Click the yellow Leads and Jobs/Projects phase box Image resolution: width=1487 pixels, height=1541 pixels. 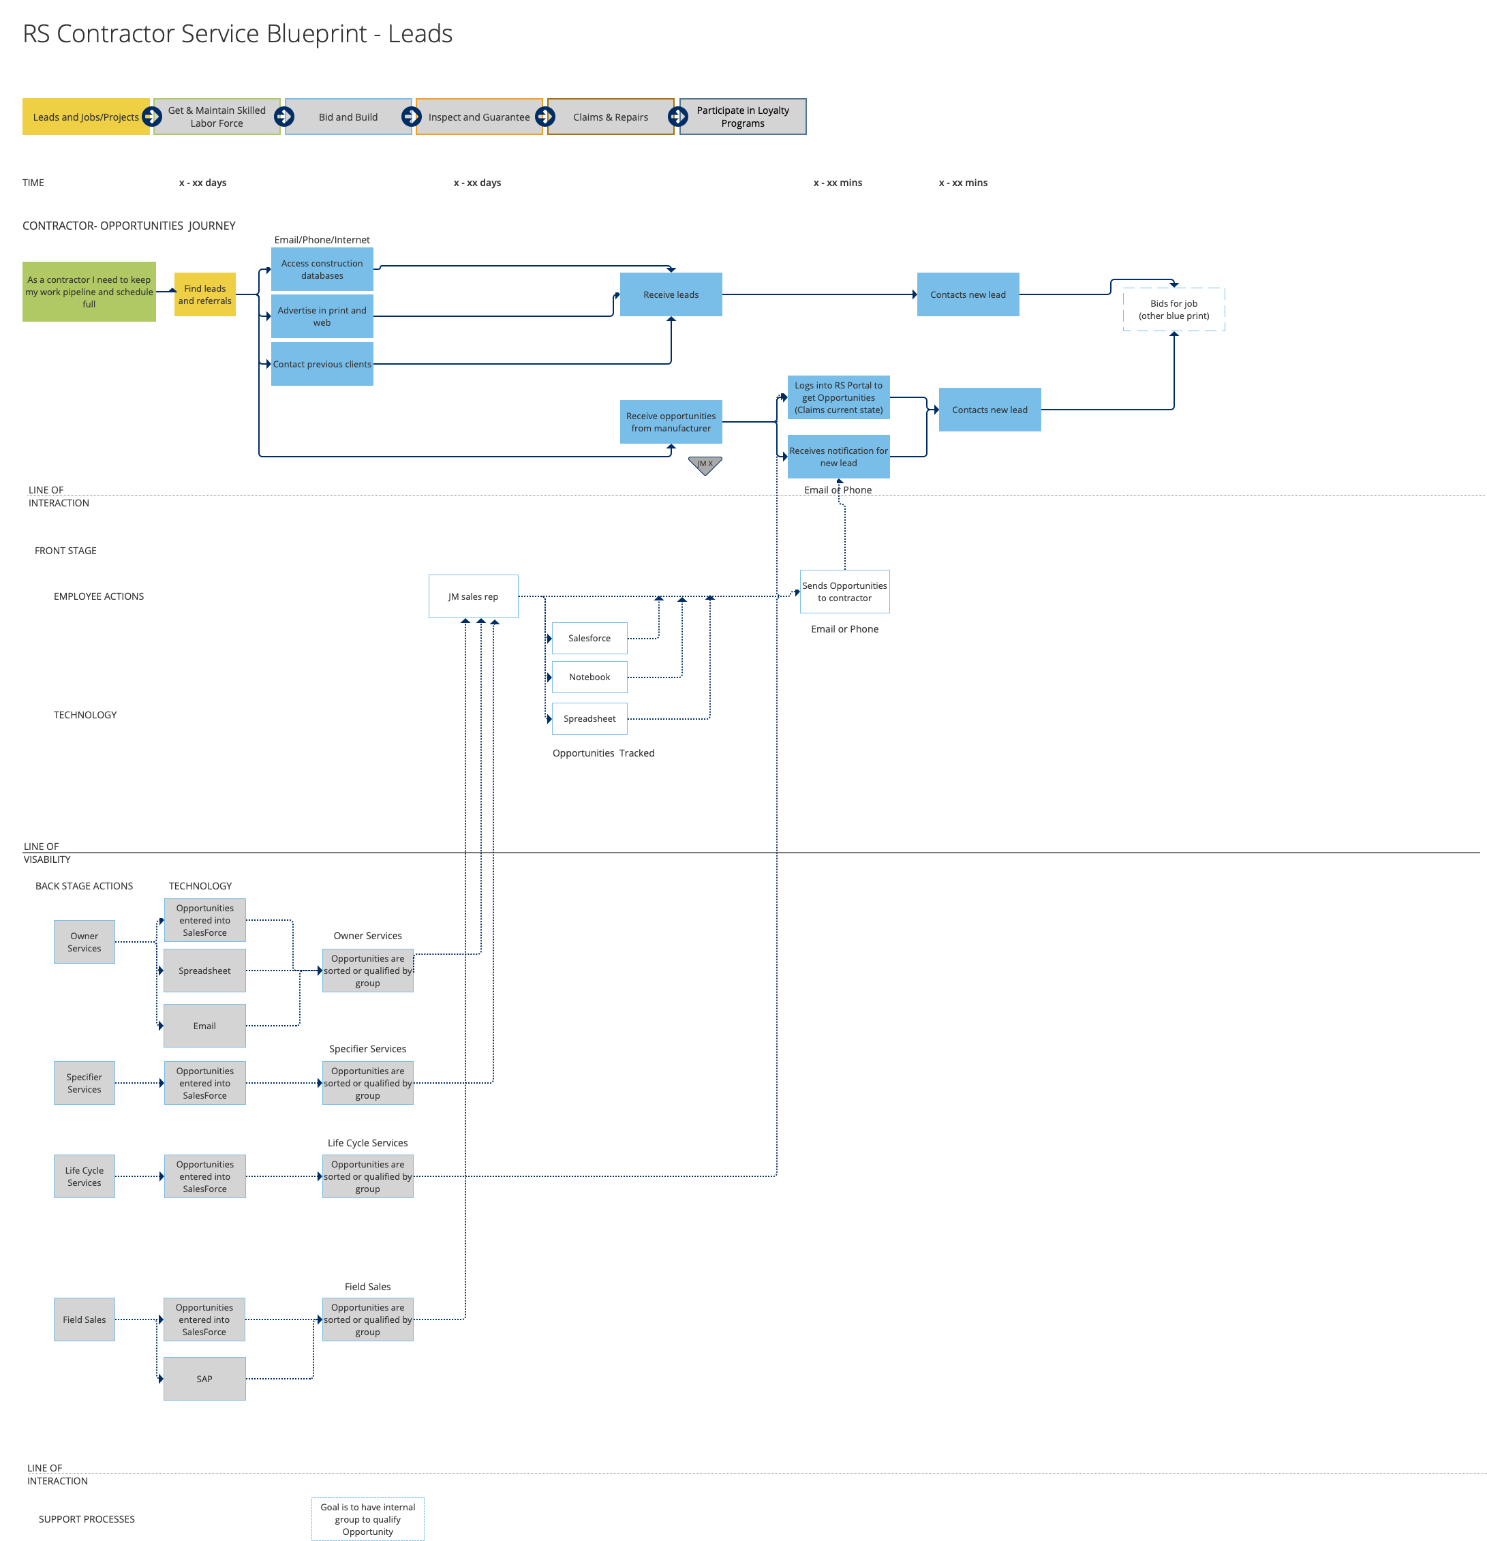click(x=85, y=117)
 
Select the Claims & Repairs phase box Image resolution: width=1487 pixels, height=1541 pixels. click(x=610, y=117)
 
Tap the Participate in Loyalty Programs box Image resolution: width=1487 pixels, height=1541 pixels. click(x=743, y=117)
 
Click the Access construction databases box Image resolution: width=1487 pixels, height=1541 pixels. click(x=322, y=269)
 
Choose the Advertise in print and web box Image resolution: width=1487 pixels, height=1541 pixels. click(x=322, y=316)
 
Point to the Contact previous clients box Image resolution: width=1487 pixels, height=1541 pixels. click(x=322, y=363)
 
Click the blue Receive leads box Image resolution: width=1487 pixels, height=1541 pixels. click(x=671, y=294)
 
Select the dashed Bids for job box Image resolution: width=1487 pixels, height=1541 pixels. click(x=1174, y=309)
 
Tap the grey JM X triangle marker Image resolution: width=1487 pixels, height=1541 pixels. click(x=704, y=464)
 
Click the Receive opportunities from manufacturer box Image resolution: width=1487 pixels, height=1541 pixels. click(x=671, y=421)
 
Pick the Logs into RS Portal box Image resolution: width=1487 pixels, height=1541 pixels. click(x=838, y=397)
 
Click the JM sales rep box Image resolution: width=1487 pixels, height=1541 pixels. click(x=472, y=596)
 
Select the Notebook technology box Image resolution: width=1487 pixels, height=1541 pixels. click(x=589, y=676)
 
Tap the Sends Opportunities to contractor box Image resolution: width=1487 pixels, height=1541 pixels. click(x=844, y=591)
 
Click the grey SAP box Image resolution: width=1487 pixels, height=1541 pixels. click(x=204, y=1378)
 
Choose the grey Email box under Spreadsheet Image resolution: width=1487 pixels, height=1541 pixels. click(x=204, y=1025)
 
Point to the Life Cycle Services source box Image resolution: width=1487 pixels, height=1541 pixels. click(x=84, y=1176)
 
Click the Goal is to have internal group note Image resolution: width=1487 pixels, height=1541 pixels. click(x=367, y=1519)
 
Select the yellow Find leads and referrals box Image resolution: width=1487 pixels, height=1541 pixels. click(x=204, y=294)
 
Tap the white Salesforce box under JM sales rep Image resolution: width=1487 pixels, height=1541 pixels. click(x=589, y=638)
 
